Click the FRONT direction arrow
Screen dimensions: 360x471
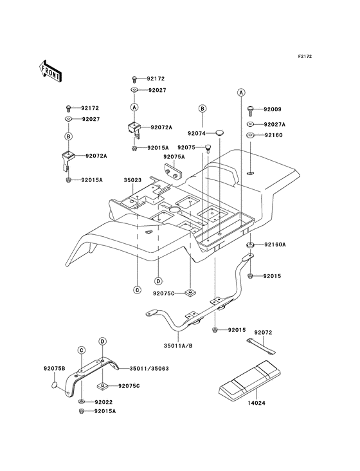[50, 71]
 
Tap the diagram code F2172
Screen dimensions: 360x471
[305, 56]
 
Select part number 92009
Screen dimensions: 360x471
[273, 109]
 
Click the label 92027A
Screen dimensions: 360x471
[274, 124]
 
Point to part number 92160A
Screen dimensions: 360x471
[274, 245]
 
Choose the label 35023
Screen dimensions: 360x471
[132, 180]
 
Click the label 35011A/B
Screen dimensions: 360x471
[178, 346]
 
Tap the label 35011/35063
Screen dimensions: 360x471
[149, 368]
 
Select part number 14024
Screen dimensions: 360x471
[256, 403]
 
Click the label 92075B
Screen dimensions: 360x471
[54, 368]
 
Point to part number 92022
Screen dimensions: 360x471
[104, 402]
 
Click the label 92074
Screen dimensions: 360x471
[197, 133]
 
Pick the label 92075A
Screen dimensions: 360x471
[174, 157]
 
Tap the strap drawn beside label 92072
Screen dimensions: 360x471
[261, 347]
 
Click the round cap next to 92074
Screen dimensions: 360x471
[221, 133]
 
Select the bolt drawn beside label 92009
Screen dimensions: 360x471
[251, 111]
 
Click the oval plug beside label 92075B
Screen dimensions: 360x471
[54, 385]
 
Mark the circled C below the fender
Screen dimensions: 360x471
[137, 290]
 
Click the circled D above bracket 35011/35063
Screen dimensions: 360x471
[103, 341]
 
